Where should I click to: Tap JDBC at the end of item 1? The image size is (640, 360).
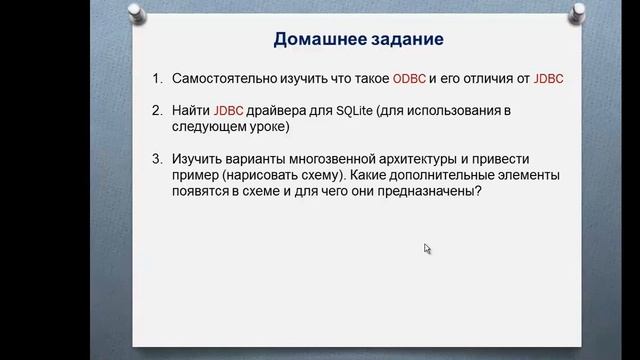pyautogui.click(x=551, y=77)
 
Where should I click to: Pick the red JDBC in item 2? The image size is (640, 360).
pyautogui.click(x=229, y=110)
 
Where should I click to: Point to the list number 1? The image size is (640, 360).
pyautogui.click(x=156, y=77)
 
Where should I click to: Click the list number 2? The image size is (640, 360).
pyautogui.click(x=156, y=110)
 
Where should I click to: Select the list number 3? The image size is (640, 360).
pyautogui.click(x=156, y=159)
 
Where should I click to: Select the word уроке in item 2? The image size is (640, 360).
pyautogui.click(x=269, y=127)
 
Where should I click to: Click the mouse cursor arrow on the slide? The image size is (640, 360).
pyautogui.click(x=427, y=248)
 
